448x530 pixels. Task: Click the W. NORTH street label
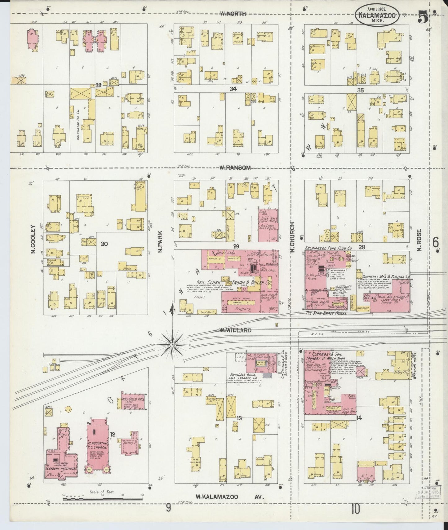click(233, 14)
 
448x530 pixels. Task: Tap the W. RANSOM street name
click(235, 168)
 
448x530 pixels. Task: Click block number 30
click(104, 244)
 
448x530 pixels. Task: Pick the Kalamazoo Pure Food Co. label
click(328, 248)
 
